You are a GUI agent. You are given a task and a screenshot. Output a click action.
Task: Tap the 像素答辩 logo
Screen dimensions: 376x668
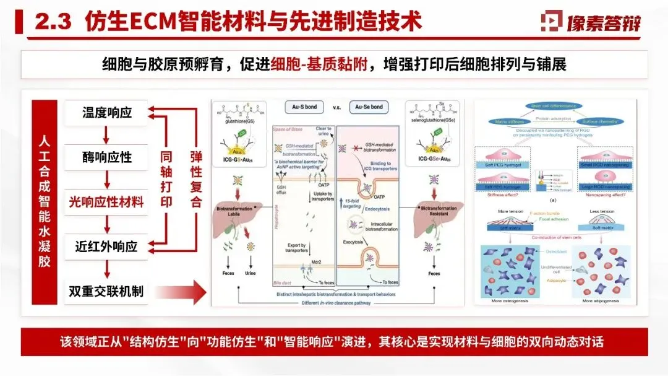pos(591,22)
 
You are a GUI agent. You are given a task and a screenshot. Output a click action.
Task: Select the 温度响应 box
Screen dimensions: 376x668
pos(107,113)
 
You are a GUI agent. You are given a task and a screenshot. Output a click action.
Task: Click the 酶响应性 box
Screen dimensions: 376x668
pos(107,157)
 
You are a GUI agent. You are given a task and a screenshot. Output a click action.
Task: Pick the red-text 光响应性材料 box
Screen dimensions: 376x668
pos(107,202)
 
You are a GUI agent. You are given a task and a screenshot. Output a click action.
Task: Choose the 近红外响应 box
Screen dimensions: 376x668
pos(107,247)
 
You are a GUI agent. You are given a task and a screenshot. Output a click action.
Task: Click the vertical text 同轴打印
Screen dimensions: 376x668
pos(166,180)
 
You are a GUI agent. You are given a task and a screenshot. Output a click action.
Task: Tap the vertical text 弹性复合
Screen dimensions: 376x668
pos(195,180)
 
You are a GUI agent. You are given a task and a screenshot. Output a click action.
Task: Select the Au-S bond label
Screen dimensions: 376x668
pos(304,107)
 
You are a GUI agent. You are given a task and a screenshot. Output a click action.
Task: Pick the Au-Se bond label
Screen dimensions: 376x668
pos(368,107)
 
